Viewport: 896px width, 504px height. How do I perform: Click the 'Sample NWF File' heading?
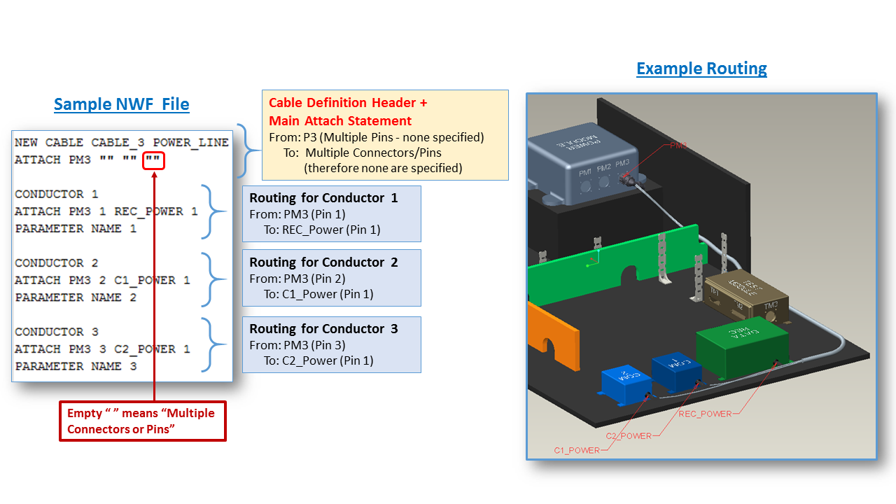121,104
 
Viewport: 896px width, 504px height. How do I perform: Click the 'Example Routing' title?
701,69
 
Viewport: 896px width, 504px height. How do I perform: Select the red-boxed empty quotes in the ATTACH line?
153,160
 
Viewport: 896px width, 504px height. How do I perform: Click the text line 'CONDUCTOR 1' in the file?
57,194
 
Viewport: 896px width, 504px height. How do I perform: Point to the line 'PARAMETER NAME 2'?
76,297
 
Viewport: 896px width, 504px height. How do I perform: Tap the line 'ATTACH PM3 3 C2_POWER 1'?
102,349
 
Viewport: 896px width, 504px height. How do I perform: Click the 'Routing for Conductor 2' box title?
323,262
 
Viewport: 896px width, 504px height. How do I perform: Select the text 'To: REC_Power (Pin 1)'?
321,229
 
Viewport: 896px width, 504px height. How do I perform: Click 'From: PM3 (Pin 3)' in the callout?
297,345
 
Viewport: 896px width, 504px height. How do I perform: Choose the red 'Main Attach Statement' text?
340,120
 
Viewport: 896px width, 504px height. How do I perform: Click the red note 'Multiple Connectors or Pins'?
141,421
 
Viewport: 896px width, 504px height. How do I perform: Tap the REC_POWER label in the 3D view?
705,414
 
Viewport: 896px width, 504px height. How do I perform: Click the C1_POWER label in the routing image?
577,450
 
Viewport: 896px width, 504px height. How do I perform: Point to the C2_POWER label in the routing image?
629,435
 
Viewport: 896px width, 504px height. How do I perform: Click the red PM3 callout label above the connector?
678,146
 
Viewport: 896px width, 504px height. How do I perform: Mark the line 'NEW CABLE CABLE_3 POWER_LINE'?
121,143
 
